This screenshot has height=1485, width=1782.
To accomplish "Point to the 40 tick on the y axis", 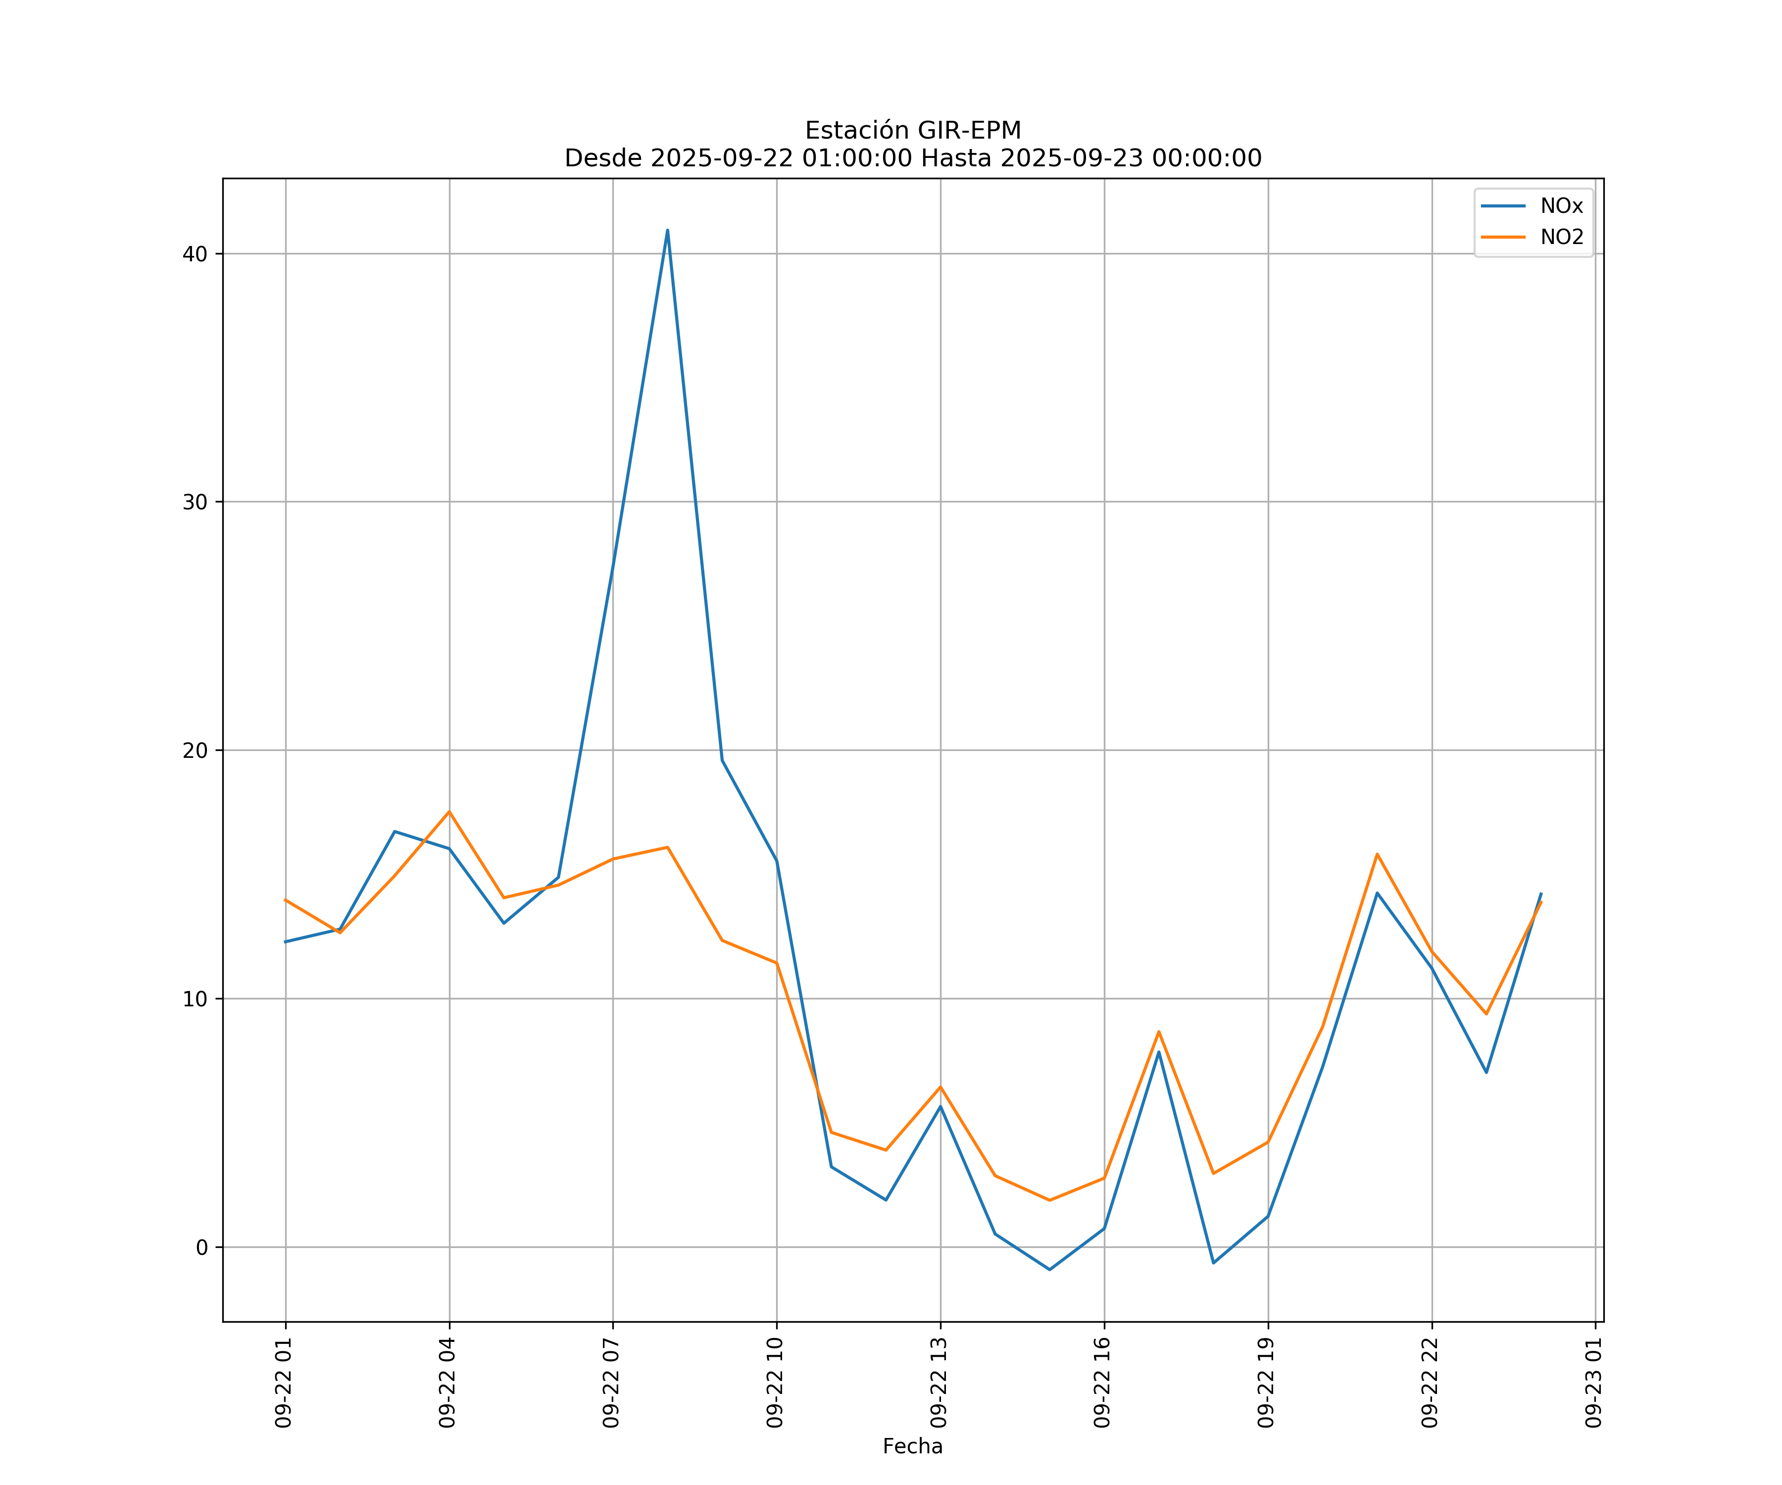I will point(195,254).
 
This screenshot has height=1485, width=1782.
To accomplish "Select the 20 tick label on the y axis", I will point(195,750).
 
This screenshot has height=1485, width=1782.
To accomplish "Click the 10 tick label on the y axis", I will point(195,999).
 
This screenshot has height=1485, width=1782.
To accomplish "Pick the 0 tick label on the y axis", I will point(202,1247).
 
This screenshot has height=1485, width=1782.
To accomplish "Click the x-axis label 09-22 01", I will point(284,1383).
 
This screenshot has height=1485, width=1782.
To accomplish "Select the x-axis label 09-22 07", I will point(612,1383).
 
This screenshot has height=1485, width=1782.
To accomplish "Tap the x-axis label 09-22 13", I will point(940,1383).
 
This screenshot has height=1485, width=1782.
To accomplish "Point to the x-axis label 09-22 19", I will point(1267,1383).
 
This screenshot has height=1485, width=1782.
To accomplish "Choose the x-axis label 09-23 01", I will point(1594,1383).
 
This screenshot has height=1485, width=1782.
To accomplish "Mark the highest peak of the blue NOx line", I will point(668,230).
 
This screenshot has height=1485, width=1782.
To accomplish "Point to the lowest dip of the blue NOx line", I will point(1050,1270).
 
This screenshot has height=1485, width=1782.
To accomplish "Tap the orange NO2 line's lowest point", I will point(1050,1200).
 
